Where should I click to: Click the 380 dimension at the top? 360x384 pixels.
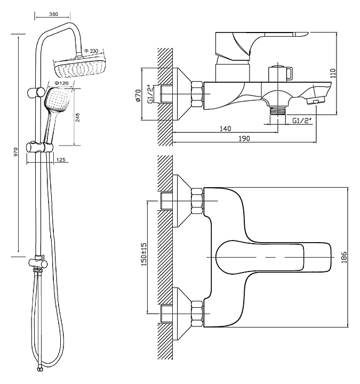click(x=54, y=14)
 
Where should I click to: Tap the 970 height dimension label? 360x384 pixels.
click(x=16, y=152)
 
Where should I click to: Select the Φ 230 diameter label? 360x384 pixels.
click(x=91, y=51)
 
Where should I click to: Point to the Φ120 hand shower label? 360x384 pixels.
click(x=61, y=83)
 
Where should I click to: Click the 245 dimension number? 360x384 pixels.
click(x=78, y=117)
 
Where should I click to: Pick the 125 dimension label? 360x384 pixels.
click(x=61, y=160)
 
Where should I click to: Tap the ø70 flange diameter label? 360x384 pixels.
click(x=138, y=95)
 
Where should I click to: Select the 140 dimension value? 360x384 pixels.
click(x=225, y=129)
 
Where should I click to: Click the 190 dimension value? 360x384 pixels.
click(x=244, y=139)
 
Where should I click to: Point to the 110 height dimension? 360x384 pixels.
click(x=333, y=73)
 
